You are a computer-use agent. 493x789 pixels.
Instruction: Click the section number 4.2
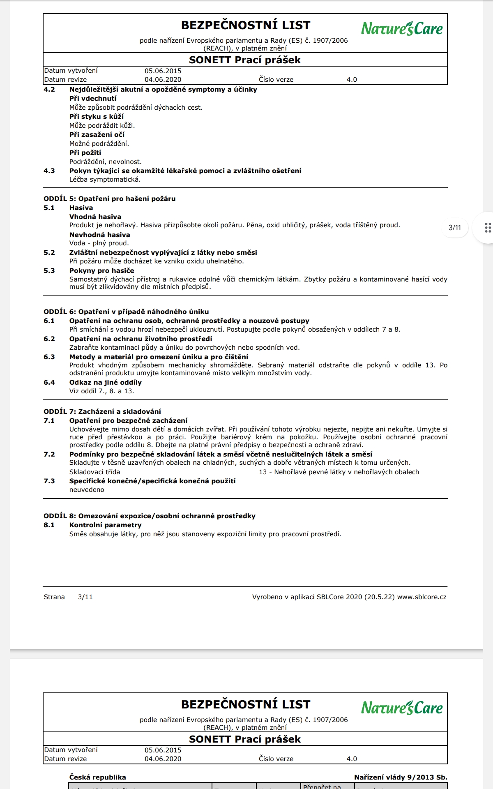pos(49,90)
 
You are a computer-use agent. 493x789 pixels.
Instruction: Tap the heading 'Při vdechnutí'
pos(93,99)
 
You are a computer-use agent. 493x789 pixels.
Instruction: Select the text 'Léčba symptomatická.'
pos(105,180)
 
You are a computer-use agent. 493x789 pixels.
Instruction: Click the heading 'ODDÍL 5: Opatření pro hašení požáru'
pos(110,199)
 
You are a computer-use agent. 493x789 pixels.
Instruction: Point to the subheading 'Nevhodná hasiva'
pos(99,235)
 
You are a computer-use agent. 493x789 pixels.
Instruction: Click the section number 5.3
pos(49,271)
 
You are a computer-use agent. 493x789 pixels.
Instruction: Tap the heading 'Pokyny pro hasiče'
pos(101,271)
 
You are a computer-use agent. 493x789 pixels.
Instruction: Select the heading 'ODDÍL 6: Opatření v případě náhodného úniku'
pos(126,312)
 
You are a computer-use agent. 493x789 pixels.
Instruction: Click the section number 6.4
pos(49,383)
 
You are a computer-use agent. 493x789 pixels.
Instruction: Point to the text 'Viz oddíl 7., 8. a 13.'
pos(101,391)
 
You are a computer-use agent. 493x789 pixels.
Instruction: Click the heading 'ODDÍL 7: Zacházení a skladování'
pos(102,412)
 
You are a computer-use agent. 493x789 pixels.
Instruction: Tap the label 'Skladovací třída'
pos(94,472)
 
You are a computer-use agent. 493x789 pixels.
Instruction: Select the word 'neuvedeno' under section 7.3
pos(87,490)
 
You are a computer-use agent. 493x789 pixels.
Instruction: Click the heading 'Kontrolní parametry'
pos(105,525)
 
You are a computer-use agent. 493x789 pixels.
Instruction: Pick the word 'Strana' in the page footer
pos(54,597)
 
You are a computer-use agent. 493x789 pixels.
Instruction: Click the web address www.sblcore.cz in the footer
pos(422,597)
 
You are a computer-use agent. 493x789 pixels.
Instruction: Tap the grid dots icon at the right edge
pos(488,228)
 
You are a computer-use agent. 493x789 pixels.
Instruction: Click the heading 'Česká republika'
pos(97,777)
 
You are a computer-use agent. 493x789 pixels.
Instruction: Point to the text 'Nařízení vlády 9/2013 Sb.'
pos(401,777)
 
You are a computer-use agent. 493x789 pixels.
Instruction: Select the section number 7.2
pos(49,454)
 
